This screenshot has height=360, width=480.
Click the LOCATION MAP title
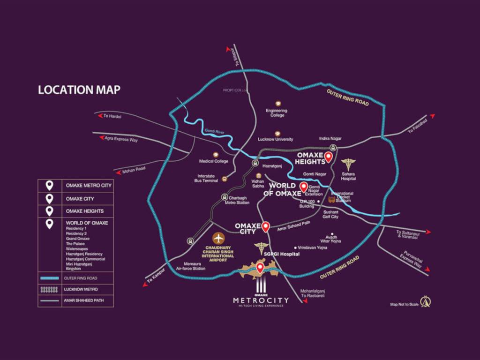click(x=79, y=90)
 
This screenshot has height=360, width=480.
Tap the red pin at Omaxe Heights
click(x=329, y=157)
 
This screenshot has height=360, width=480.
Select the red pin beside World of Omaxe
click(x=303, y=187)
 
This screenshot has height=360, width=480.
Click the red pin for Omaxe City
click(x=266, y=227)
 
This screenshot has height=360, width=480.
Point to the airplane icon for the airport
click(x=218, y=238)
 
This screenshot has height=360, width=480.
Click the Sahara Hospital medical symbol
click(x=348, y=165)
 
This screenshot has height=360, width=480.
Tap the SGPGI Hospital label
click(x=282, y=254)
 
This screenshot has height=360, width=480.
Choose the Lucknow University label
click(x=276, y=139)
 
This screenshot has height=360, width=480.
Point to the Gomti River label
click(x=214, y=133)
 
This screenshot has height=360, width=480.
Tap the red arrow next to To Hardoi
click(x=99, y=114)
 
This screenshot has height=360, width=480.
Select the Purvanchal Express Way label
click(x=411, y=260)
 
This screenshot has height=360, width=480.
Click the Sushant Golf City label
click(x=330, y=214)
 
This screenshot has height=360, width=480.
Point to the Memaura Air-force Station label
click(x=190, y=266)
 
